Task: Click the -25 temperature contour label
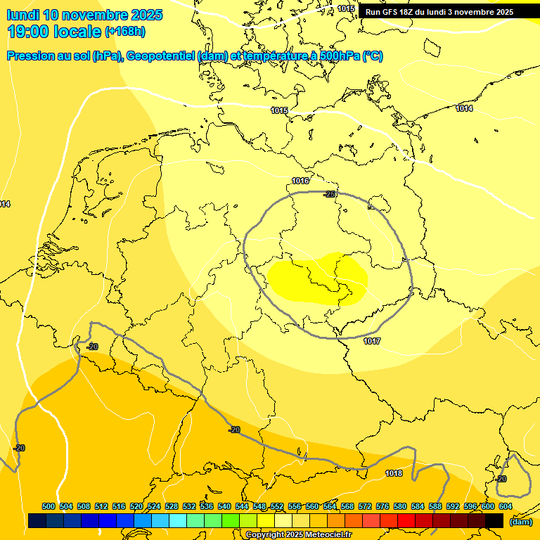click(330, 194)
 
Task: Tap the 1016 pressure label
click(300, 181)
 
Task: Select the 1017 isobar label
click(372, 341)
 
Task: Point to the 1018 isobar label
click(394, 473)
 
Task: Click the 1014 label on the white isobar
click(464, 108)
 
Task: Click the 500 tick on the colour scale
click(49, 506)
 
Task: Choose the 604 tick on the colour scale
click(506, 506)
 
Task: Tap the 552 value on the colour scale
click(277, 506)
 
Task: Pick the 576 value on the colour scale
click(382, 506)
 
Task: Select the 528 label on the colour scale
click(172, 506)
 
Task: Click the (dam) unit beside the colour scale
click(520, 522)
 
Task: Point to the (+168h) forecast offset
click(125, 32)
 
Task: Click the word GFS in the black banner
click(391, 12)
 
